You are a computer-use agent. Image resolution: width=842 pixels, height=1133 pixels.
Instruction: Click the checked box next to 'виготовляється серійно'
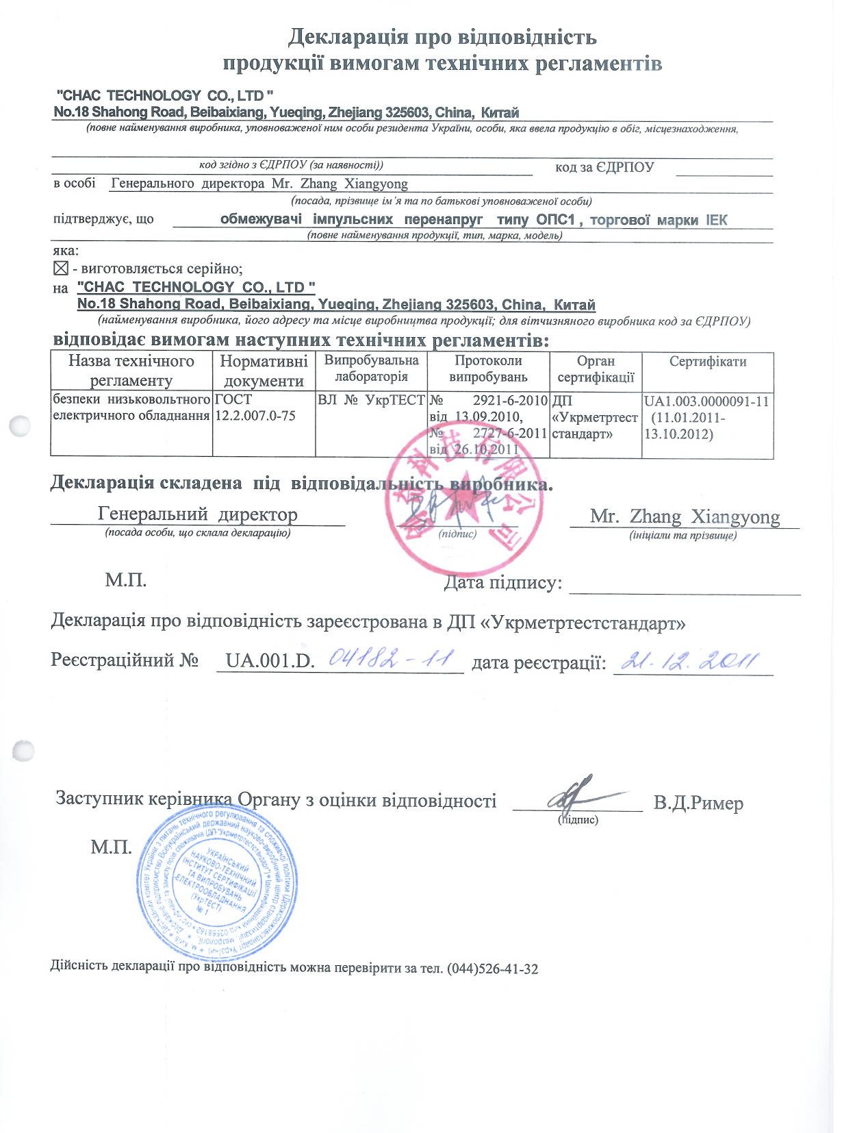pyautogui.click(x=61, y=269)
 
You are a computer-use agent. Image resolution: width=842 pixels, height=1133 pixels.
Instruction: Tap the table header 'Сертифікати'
pyautogui.click(x=707, y=362)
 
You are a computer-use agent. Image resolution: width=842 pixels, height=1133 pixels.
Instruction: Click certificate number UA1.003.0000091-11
pyautogui.click(x=706, y=401)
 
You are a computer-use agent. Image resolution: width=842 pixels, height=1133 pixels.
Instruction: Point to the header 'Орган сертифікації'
pyautogui.click(x=596, y=369)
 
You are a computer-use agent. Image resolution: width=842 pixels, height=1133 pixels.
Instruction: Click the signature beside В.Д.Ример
pyautogui.click(x=576, y=795)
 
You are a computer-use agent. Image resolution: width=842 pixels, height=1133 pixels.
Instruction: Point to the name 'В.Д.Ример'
pyautogui.click(x=698, y=803)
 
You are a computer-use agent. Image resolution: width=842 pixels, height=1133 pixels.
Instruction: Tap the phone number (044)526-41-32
pyautogui.click(x=492, y=969)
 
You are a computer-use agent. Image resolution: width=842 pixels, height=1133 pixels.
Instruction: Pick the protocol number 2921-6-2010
pyautogui.click(x=510, y=401)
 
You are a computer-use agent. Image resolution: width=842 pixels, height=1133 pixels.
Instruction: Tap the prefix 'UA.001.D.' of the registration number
pyautogui.click(x=270, y=661)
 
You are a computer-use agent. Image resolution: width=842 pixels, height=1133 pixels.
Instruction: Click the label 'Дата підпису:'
pyautogui.click(x=502, y=583)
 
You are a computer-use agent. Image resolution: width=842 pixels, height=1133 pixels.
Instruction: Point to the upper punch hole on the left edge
pyautogui.click(x=21, y=426)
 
